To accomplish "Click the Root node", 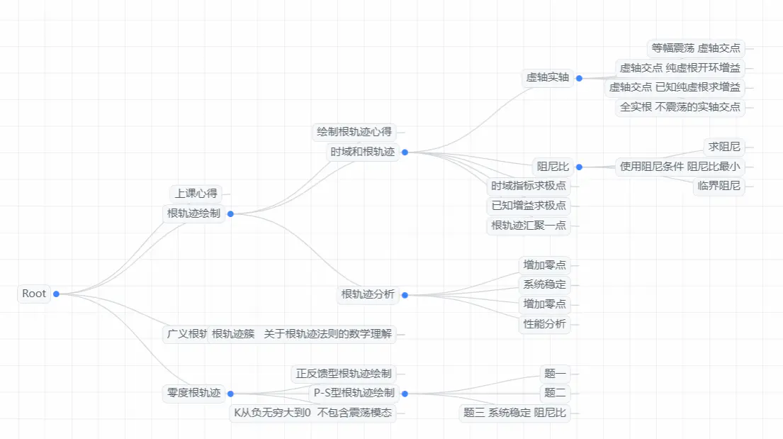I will click(x=34, y=294).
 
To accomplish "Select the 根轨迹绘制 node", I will click(x=193, y=213).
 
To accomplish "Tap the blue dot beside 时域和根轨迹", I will click(x=405, y=152).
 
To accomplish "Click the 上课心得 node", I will click(x=197, y=193).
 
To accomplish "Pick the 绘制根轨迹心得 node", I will click(x=354, y=132).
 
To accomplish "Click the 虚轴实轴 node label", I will click(x=548, y=78).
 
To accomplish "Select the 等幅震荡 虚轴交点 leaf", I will click(x=695, y=48).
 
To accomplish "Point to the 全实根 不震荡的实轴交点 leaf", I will click(x=680, y=107).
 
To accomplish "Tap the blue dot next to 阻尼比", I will click(x=579, y=167).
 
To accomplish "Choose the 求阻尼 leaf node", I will click(x=724, y=147).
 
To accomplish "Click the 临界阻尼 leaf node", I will click(x=719, y=186).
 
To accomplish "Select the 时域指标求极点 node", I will click(x=529, y=186).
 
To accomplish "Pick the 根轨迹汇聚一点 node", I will click(x=529, y=226).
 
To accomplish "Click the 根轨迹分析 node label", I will click(x=368, y=294).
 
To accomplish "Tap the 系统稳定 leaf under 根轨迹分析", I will click(x=544, y=284).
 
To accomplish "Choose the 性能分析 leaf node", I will click(x=544, y=324).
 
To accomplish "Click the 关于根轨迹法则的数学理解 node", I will click(x=328, y=334).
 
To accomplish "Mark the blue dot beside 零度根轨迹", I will click(x=230, y=394).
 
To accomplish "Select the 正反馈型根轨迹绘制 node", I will click(x=344, y=374).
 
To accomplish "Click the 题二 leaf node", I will click(x=555, y=393).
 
